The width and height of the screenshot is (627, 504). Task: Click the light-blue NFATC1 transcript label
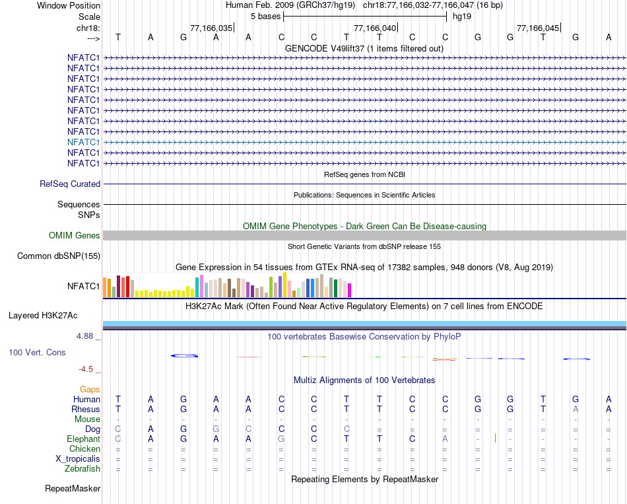point(83,142)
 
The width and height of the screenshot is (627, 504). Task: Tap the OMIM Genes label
point(75,235)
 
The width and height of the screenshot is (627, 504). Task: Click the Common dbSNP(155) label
point(59,256)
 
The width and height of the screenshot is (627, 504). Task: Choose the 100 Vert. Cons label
point(37,352)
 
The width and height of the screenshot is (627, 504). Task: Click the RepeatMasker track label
point(73,489)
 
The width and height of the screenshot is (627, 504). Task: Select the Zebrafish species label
point(82,468)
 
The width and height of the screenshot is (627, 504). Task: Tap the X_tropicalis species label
point(78,458)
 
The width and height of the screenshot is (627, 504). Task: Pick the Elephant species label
point(83,439)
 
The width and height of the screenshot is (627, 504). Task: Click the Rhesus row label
point(86,409)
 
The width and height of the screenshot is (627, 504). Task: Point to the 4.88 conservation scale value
point(86,336)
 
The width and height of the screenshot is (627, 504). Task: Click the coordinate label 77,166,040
point(375,28)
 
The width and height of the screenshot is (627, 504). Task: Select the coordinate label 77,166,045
point(538,28)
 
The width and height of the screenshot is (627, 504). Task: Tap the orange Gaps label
point(90,389)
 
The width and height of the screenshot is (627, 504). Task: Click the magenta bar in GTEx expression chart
point(350,290)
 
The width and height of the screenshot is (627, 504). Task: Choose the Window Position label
point(69,5)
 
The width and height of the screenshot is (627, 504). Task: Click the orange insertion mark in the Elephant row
point(495,438)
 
